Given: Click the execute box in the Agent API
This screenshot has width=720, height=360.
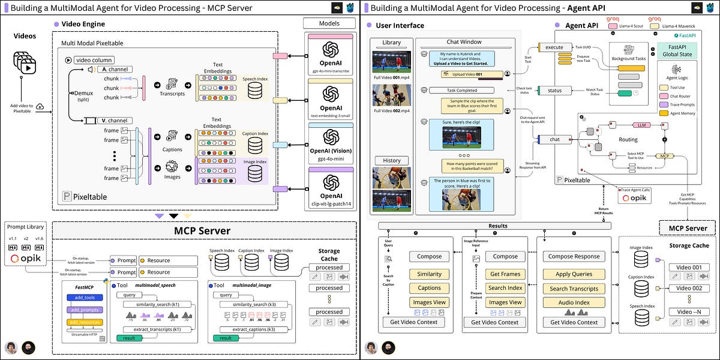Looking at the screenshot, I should pyautogui.click(x=554, y=47).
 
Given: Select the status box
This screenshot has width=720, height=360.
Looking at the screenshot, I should pyautogui.click(x=554, y=91).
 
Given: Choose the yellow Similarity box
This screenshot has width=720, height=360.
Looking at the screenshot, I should pyautogui.click(x=429, y=274).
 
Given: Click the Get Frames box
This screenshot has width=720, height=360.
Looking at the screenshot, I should pyautogui.click(x=505, y=274).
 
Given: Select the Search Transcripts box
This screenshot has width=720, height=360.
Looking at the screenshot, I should pyautogui.click(x=574, y=289).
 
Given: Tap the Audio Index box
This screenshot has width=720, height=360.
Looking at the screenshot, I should pyautogui.click(x=574, y=302).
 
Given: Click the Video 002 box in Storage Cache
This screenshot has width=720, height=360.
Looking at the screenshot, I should pyautogui.click(x=688, y=289).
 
